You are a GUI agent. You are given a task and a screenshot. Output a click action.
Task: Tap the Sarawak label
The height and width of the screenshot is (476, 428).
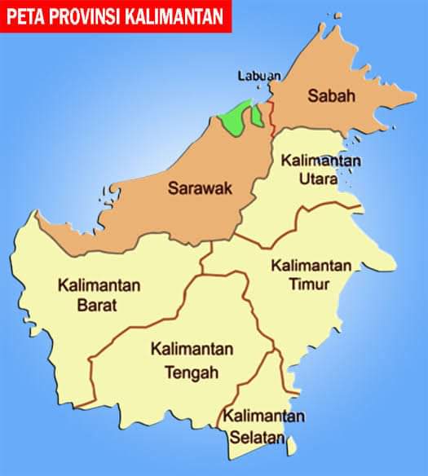click(200, 188)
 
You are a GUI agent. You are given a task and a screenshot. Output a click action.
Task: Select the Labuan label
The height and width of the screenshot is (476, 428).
click(258, 76)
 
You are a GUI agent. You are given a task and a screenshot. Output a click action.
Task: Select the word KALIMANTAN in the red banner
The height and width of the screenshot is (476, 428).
click(179, 16)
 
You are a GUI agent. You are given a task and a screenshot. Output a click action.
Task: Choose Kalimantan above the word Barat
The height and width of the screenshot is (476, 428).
click(99, 286)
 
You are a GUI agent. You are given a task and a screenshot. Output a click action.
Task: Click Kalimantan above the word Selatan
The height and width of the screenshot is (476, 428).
click(266, 417)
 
